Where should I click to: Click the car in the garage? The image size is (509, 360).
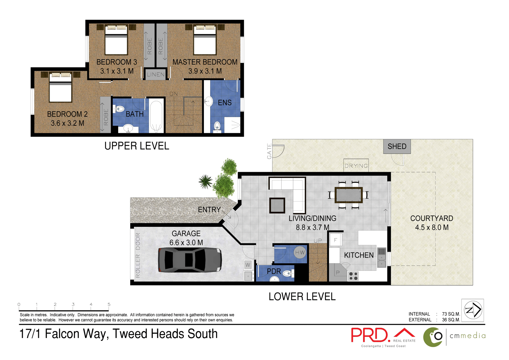click(x=190, y=260)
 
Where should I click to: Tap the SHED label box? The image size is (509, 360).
click(x=397, y=146)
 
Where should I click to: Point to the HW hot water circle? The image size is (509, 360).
click(x=300, y=253)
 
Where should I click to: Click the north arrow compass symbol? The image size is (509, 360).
click(x=473, y=310)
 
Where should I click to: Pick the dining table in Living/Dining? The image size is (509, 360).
click(x=348, y=195)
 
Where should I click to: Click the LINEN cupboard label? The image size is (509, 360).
click(x=156, y=75)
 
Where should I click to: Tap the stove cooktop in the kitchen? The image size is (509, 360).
click(x=353, y=276)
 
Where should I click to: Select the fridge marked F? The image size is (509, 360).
click(x=335, y=240)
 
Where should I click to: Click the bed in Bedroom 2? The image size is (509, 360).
click(x=60, y=88)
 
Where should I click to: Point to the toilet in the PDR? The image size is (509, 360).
click(x=288, y=273)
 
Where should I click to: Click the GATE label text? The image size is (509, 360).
click(x=269, y=151)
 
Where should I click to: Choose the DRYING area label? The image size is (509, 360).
click(x=356, y=166)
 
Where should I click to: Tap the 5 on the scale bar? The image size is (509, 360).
click(x=109, y=304)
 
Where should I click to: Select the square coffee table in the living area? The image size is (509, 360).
click(x=277, y=205)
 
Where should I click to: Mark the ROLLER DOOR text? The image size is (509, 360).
click(x=138, y=255)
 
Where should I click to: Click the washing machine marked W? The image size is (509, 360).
click(x=248, y=264)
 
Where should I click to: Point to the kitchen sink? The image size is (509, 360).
click(x=381, y=257)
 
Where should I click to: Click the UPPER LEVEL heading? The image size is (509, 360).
click(x=137, y=146)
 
